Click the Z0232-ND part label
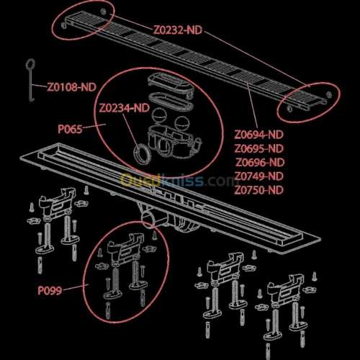[178, 30]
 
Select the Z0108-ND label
[71, 87]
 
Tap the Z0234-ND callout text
[125, 108]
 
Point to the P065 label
[70, 129]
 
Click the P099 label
[50, 290]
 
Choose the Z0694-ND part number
[259, 135]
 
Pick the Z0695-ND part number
[259, 148]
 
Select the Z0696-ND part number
[260, 162]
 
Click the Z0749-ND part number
[259, 176]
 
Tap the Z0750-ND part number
[259, 190]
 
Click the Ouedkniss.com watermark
[178, 181]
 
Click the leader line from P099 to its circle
[76, 287]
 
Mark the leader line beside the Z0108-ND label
[39, 86]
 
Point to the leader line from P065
[94, 126]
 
